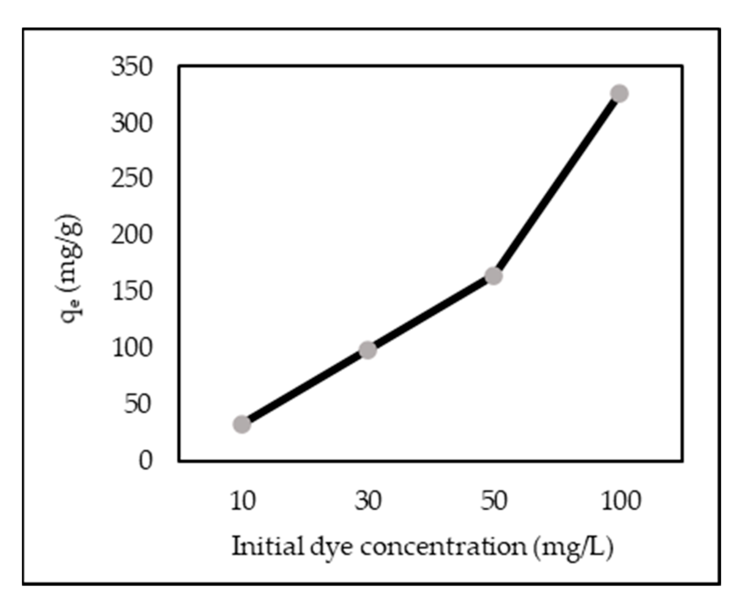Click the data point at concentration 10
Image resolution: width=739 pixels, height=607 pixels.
242,424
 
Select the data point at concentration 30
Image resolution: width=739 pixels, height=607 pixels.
368,350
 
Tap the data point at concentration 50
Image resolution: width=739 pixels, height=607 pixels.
493,276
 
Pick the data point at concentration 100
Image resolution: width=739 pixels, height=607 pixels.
619,94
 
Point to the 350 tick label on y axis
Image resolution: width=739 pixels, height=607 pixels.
132,67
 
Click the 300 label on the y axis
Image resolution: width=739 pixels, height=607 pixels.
132,123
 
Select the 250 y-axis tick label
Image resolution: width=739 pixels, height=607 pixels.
132,178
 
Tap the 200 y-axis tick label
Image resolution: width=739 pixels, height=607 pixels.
132,235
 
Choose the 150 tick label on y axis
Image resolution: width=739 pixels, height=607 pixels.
132,291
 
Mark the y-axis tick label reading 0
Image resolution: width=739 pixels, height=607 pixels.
146,460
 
